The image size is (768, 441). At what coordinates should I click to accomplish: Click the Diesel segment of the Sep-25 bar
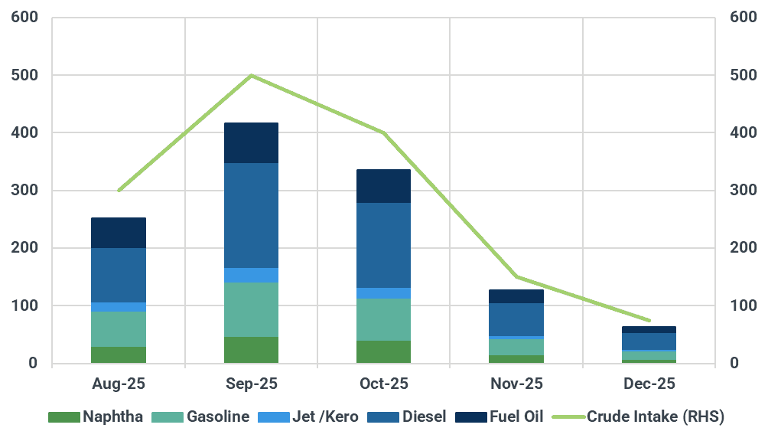pyautogui.click(x=251, y=215)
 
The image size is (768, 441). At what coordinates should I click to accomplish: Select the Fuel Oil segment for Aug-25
pyautogui.click(x=119, y=233)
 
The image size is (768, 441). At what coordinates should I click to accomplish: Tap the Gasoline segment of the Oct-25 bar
pyautogui.click(x=384, y=319)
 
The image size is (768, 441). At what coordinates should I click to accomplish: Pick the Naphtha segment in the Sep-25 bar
pyautogui.click(x=251, y=350)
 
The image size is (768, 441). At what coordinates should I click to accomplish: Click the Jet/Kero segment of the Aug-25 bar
pyautogui.click(x=119, y=307)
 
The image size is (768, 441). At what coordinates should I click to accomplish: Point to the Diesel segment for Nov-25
pyautogui.click(x=516, y=319)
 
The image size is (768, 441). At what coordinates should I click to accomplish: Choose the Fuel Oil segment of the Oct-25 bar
pyautogui.click(x=384, y=186)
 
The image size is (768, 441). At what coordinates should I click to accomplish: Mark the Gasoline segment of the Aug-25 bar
pyautogui.click(x=119, y=329)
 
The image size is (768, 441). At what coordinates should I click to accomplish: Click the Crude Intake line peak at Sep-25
pyautogui.click(x=251, y=76)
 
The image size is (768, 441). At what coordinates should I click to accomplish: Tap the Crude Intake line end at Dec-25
pyautogui.click(x=649, y=320)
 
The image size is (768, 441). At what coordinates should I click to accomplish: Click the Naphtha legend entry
pyautogui.click(x=96, y=417)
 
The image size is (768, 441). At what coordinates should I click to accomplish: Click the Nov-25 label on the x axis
pyautogui.click(x=516, y=383)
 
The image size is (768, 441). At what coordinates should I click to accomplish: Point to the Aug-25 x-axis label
pyautogui.click(x=119, y=383)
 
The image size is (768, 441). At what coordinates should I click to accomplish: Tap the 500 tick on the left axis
pyautogui.click(x=26, y=76)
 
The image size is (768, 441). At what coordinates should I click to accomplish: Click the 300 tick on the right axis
pyautogui.click(x=742, y=191)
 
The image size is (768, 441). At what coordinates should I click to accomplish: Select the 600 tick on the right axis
pyautogui.click(x=742, y=18)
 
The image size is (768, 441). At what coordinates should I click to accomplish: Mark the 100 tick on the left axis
pyautogui.click(x=26, y=305)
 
